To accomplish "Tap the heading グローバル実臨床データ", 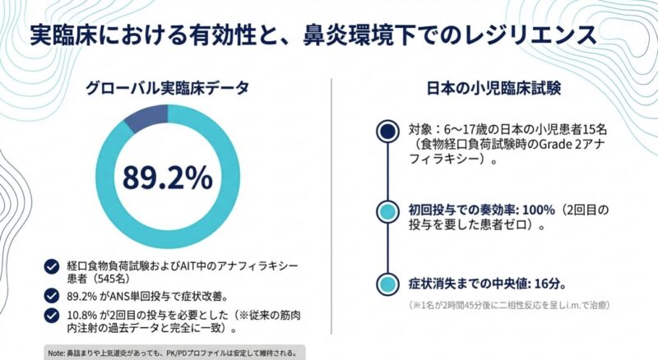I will coord(168,85).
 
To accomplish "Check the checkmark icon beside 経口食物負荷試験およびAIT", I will coord(52,265).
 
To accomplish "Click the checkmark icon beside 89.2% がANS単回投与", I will coord(52,293).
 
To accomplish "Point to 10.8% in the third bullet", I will coord(82,314).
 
